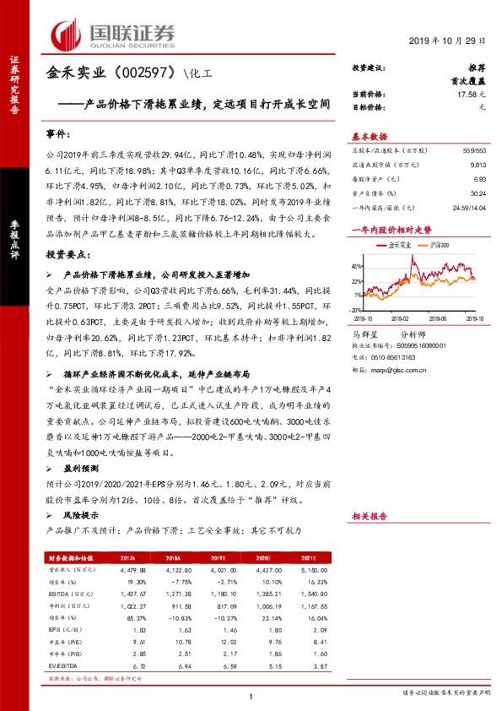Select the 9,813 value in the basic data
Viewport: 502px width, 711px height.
[478, 166]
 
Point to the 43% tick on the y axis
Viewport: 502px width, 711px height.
[359, 265]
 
